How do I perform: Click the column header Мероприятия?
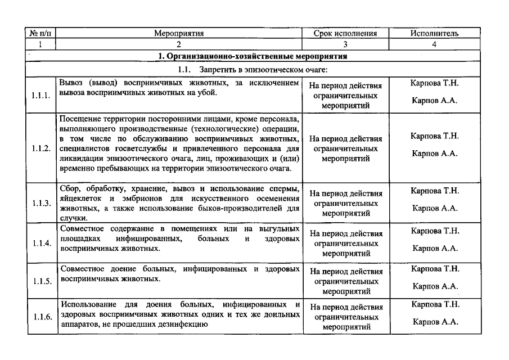point(179,33)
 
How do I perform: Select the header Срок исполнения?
point(345,33)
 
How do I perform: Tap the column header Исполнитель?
point(434,33)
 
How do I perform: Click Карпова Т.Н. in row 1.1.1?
point(435,83)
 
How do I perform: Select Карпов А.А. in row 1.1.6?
point(435,322)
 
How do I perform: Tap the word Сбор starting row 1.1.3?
point(70,188)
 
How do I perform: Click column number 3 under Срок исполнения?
point(345,44)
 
